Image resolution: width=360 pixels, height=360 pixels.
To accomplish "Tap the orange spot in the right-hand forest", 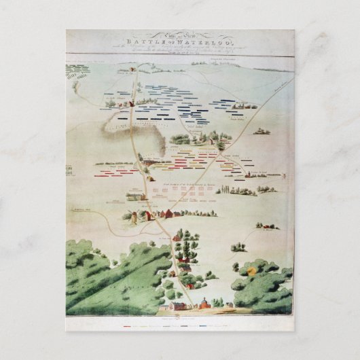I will coord(253,270).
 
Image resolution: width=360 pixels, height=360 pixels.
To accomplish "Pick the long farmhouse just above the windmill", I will coord(136,197).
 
